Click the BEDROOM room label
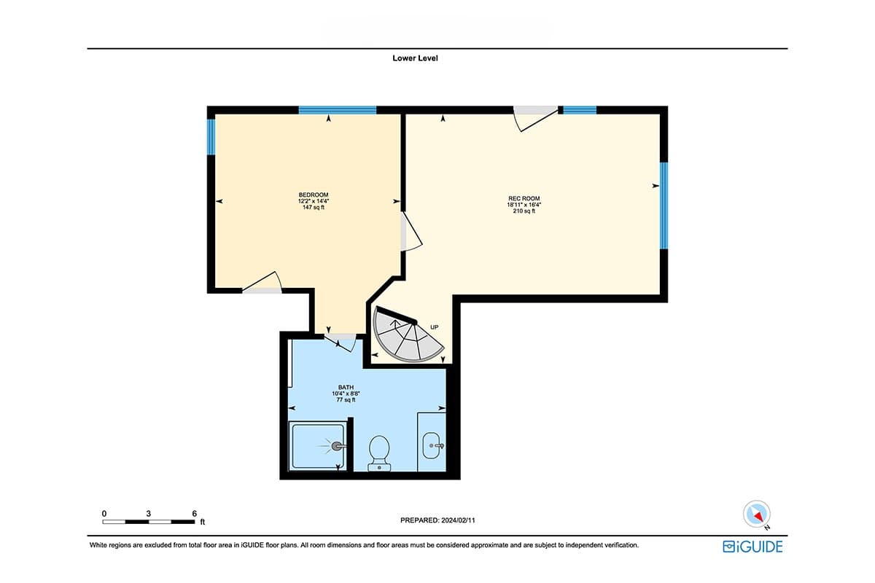tap(314, 195)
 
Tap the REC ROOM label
tap(524, 198)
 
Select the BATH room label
tap(346, 388)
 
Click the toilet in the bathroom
tap(379, 453)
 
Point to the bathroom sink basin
tap(432, 445)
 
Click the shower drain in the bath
tap(336, 446)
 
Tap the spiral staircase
tap(406, 335)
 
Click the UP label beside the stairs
tap(434, 327)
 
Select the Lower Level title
tap(415, 58)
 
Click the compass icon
tap(757, 514)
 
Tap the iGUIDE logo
tap(752, 547)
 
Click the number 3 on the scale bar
tap(149, 514)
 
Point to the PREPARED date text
tap(437, 520)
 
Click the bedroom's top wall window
tap(338, 110)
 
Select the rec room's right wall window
tap(664, 206)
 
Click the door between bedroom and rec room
tap(411, 231)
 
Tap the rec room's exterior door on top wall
tap(535, 118)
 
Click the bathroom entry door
tap(341, 342)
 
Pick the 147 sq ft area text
tap(314, 208)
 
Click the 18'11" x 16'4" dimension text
tap(524, 205)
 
